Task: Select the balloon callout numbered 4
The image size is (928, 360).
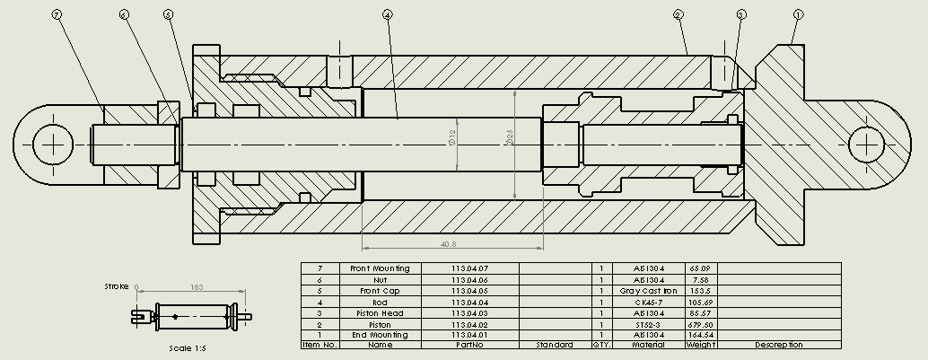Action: [387, 15]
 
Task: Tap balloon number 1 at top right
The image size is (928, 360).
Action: [798, 15]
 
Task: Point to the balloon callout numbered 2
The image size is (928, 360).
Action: [678, 15]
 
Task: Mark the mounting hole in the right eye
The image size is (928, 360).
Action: [868, 144]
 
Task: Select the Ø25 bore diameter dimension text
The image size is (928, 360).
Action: [509, 137]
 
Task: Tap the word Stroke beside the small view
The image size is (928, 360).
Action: [117, 286]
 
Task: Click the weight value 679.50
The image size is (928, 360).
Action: [700, 324]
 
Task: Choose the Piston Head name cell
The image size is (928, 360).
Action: [380, 313]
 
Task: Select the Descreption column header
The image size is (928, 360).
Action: [778, 345]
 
